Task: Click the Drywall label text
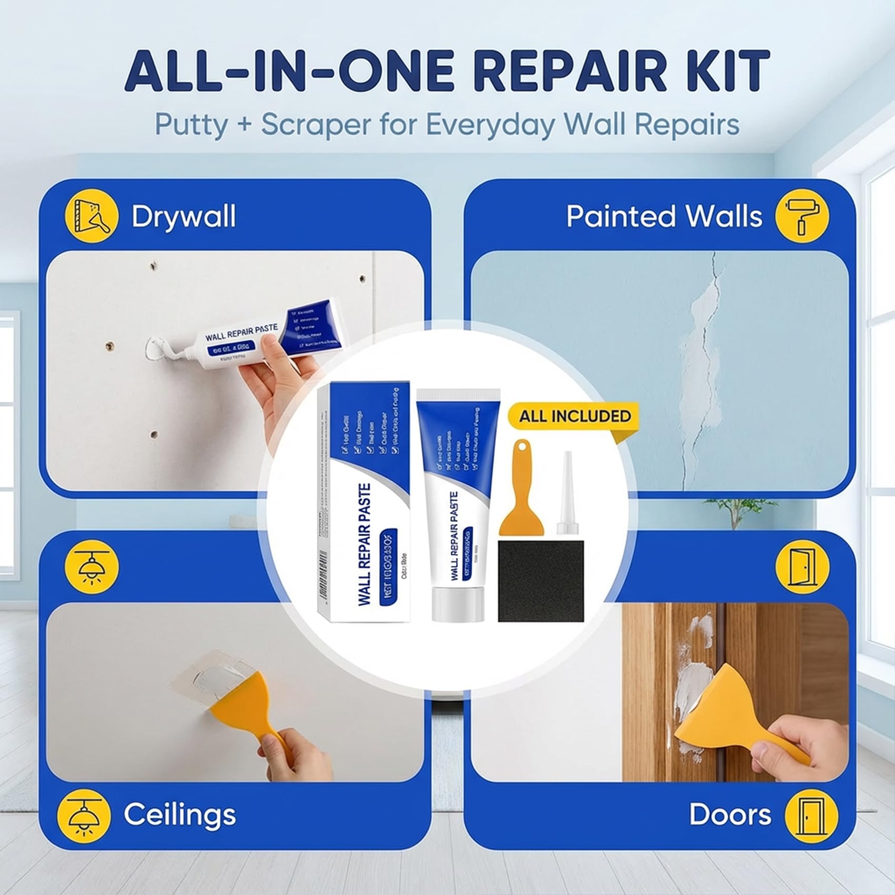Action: click(183, 216)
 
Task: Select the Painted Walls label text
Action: click(664, 216)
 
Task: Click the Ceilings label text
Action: click(180, 814)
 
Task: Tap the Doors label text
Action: click(730, 814)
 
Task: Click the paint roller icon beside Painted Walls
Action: click(802, 216)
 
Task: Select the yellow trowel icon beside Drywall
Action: click(91, 216)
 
